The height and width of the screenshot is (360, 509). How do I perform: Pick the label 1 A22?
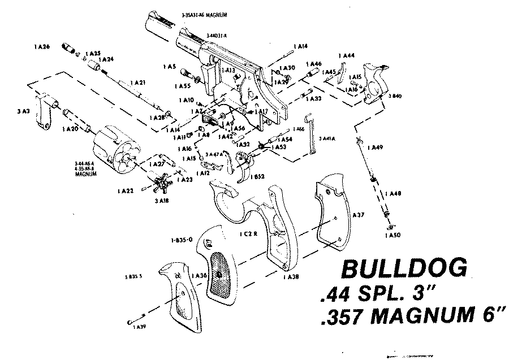click(126, 192)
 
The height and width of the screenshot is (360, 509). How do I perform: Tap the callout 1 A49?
click(374, 148)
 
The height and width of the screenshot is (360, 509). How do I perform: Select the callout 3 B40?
click(394, 97)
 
